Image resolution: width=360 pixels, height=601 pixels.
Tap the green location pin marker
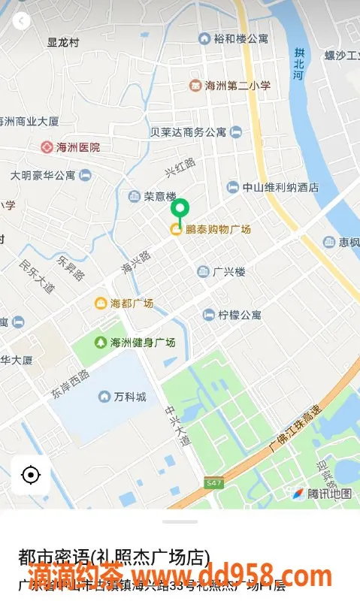pyautogui.click(x=180, y=210)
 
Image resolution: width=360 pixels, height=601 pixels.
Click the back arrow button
pyautogui.click(x=22, y=21)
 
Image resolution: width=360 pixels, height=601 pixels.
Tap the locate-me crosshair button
pyautogui.click(x=31, y=475)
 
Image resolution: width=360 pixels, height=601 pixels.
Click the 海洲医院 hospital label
pyautogui.click(x=71, y=147)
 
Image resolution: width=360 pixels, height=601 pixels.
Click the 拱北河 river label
pyautogui.click(x=299, y=65)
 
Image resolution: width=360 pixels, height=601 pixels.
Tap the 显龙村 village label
pyautogui.click(x=63, y=43)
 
